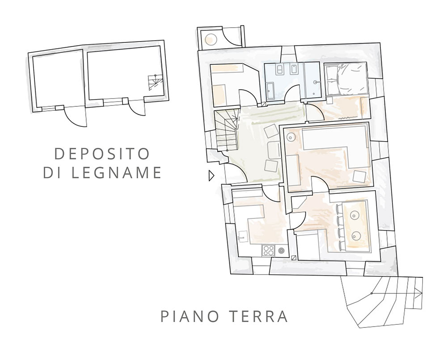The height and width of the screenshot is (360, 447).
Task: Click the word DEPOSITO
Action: pos(102,154)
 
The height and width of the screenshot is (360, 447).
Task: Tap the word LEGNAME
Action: pos(116,172)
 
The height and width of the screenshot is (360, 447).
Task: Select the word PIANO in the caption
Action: pos(190,316)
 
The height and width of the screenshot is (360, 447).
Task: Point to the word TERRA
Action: pos(258,316)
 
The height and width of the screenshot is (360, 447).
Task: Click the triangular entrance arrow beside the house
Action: pos(211,176)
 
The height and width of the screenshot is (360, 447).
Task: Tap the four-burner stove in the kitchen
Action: pos(268,251)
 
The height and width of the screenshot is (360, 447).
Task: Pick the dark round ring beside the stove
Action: pos(281,251)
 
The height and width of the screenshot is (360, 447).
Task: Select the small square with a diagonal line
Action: pos(294,257)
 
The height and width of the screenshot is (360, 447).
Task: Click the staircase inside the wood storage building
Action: pos(156,83)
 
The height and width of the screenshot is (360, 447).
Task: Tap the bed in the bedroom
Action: pos(346,79)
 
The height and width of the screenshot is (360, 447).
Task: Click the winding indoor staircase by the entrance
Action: pos(226,131)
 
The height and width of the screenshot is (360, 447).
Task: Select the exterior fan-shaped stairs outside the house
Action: pos(382,301)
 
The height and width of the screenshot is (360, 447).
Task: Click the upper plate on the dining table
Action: pos(354,215)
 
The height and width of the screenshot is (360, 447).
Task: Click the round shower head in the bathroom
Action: pos(316,82)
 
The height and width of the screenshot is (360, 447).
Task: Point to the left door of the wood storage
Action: pos(75,116)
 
